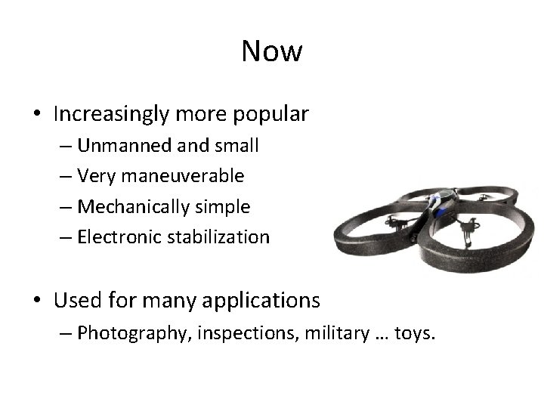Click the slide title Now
272,51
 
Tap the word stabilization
221,236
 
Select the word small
240,146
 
